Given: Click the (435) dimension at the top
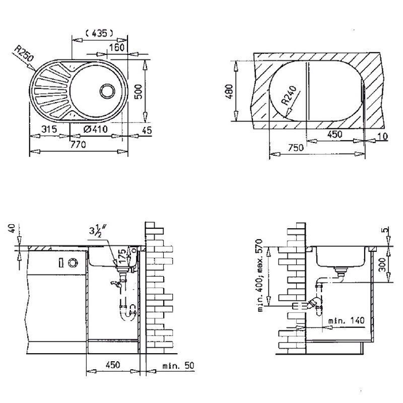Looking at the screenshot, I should [98, 33].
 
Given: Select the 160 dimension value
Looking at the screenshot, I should [115, 47].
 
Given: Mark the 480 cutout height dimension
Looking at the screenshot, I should [243, 91].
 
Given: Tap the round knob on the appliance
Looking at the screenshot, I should [73, 262].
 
